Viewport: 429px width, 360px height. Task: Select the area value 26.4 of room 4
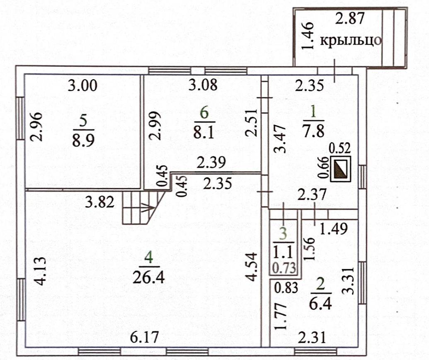149,276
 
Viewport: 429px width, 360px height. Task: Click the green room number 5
83,121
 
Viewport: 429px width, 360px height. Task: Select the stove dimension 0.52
339,148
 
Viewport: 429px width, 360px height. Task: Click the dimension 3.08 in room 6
202,86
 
